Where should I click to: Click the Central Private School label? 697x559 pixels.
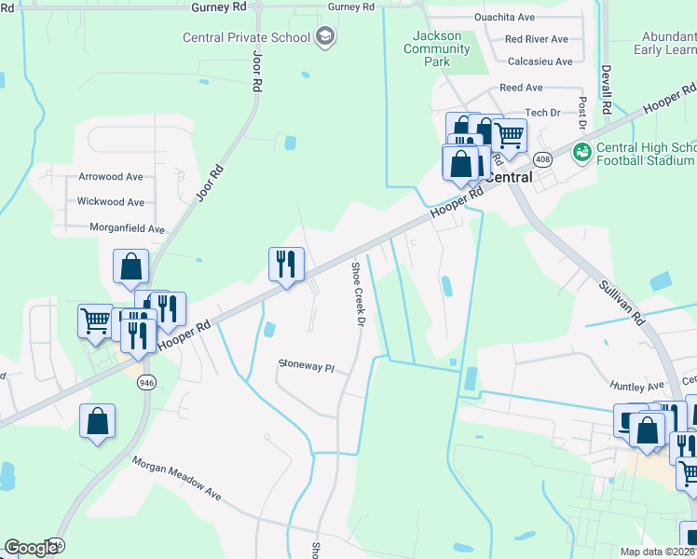click(247, 37)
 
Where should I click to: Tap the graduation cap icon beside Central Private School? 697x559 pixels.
click(324, 37)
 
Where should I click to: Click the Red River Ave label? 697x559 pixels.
click(536, 39)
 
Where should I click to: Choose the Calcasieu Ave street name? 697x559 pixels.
click(540, 61)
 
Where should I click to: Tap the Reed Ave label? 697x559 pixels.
click(521, 88)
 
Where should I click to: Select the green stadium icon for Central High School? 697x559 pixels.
click(582, 151)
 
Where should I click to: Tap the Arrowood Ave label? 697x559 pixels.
click(111, 176)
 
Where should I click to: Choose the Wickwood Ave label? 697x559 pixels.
click(111, 201)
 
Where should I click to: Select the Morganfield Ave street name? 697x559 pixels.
click(127, 227)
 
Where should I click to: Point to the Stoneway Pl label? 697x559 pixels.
click(306, 367)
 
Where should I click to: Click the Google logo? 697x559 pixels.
click(32, 548)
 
